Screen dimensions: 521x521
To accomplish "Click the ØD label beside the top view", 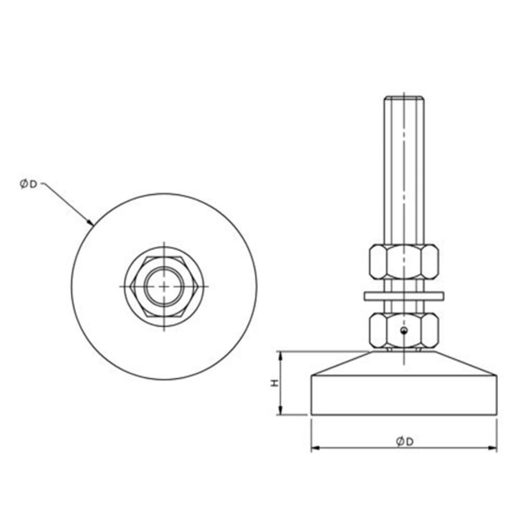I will point(29,184).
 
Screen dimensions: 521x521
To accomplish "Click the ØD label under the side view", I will point(404,442).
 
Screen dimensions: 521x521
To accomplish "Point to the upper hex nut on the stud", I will point(404,262).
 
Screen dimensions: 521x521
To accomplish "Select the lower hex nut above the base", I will point(404,330).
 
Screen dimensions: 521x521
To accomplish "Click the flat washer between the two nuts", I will point(404,296).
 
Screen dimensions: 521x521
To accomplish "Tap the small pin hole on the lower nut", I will point(403,330).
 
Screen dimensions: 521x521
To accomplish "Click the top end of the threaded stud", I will point(404,98).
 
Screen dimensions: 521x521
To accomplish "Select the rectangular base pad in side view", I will point(404,395).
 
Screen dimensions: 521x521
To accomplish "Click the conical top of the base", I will point(404,364).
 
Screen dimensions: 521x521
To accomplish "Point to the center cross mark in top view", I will point(164,287).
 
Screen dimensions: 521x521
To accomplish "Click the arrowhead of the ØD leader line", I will point(91,224).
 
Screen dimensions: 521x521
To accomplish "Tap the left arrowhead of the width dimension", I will point(314,448).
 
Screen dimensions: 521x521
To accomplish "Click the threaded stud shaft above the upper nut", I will point(404,172).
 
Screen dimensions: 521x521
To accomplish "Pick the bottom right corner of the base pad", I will point(496,415).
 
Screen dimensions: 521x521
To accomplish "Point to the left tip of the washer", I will point(365,296).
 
